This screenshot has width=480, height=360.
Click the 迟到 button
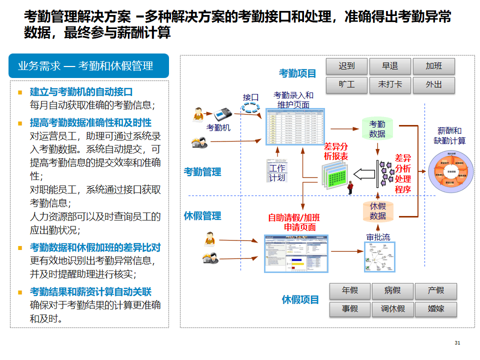[x=346, y=66]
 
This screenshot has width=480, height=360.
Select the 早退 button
[x=390, y=66]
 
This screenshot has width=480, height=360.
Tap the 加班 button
[x=433, y=66]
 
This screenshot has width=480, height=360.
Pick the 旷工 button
[x=346, y=84]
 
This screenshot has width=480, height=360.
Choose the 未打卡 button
[x=390, y=84]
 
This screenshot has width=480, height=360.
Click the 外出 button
[x=433, y=84]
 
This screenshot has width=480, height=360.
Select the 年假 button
[x=350, y=290]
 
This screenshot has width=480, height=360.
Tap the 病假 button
[x=393, y=290]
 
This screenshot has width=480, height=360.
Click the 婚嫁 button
[x=436, y=308]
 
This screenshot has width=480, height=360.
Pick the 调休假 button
[x=393, y=308]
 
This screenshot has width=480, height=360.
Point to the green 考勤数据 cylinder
[x=377, y=129]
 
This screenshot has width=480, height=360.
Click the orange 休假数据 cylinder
[x=378, y=211]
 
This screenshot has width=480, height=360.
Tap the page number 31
[x=457, y=342]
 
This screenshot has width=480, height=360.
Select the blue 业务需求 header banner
[x=89, y=66]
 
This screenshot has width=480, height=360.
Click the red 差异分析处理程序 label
[x=402, y=173]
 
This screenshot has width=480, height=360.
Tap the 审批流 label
[x=378, y=237]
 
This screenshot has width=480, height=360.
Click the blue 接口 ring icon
[x=251, y=107]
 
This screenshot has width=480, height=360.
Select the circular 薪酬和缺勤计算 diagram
[x=450, y=170]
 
